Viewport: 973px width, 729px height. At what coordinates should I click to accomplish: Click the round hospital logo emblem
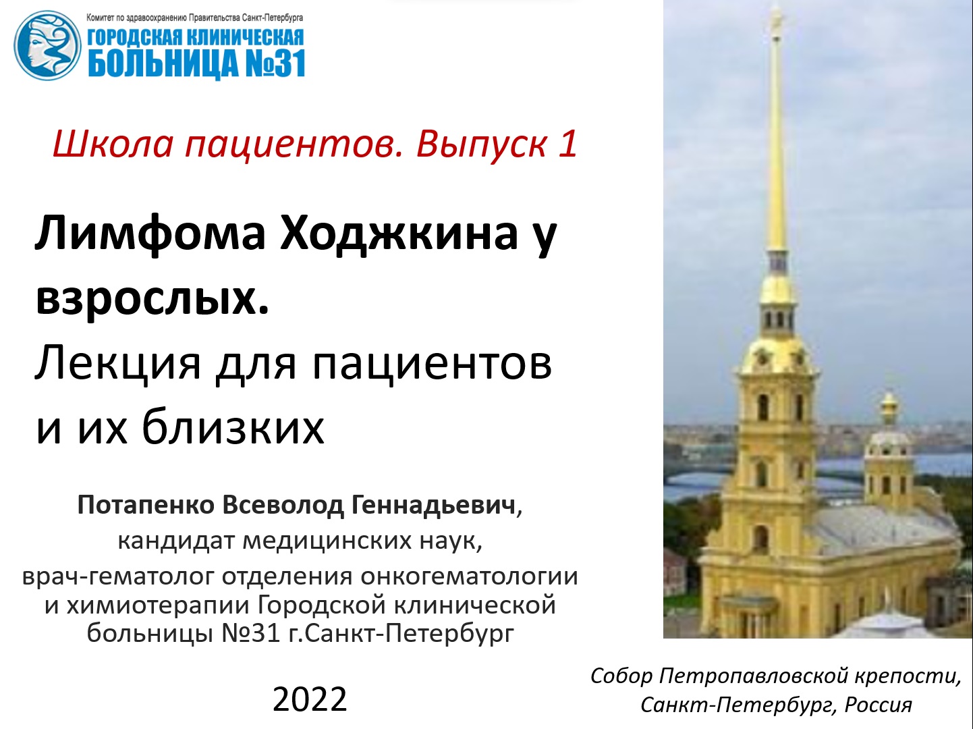coord(47,45)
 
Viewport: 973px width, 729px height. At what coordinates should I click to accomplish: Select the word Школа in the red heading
coord(113,144)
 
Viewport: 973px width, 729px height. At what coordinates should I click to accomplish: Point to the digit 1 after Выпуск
coord(567,144)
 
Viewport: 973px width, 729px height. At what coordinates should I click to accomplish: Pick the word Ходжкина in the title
coord(399,233)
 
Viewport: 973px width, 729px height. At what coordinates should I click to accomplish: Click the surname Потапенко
coord(146,505)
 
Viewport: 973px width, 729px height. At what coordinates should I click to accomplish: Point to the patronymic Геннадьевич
coord(434,505)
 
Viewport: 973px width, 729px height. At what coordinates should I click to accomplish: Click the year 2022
coord(310,699)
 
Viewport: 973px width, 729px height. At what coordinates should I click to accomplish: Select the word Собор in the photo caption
coord(621,676)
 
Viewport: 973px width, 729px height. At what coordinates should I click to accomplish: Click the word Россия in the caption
coord(878,705)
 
